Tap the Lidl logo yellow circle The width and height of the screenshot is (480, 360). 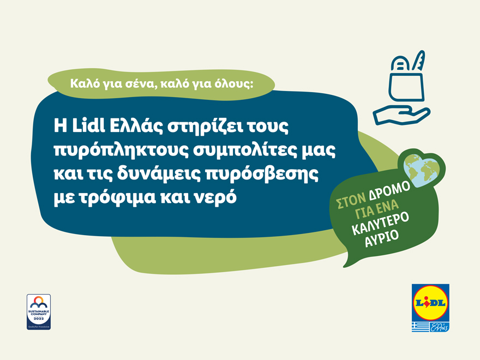click(x=430, y=303)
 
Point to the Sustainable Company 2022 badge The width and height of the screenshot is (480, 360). click(x=39, y=311)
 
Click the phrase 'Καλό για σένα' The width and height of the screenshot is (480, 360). click(x=100, y=84)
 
